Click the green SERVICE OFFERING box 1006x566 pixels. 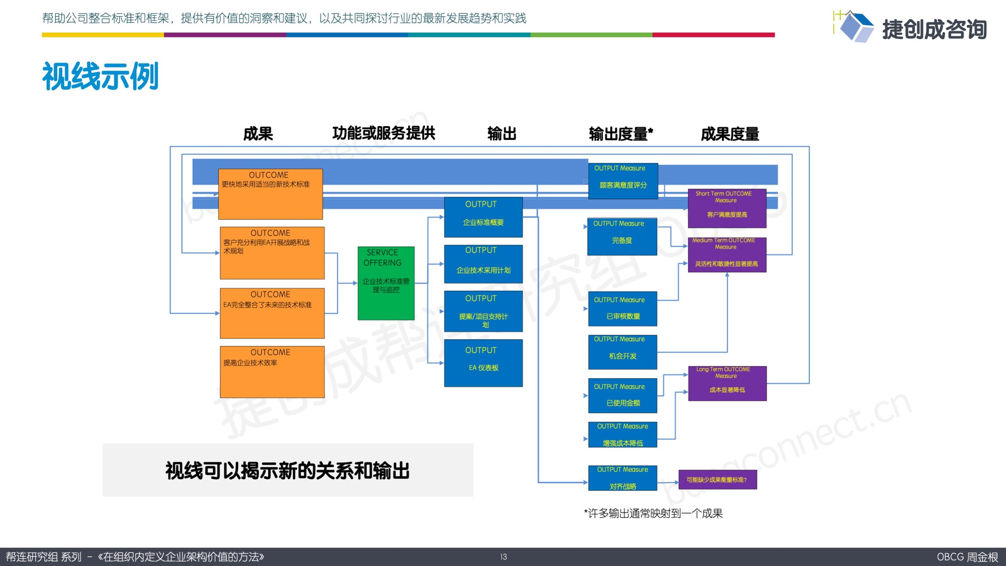point(386,283)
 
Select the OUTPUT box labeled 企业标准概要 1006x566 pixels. point(483,217)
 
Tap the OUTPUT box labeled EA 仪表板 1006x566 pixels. point(483,363)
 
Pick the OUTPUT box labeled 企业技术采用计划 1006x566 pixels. point(483,264)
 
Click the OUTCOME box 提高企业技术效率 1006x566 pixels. point(272,372)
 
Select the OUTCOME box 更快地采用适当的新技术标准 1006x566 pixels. point(270,194)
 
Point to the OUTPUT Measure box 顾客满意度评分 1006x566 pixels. point(623,181)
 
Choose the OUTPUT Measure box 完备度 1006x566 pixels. point(622,237)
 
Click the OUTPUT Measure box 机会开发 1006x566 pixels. point(622,352)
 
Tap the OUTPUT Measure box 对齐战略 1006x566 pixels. point(622,478)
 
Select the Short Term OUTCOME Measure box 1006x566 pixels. point(727,208)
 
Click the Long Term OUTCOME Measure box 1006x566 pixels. point(727,384)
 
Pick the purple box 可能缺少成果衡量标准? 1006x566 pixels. point(718,480)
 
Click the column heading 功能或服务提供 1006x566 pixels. point(384,133)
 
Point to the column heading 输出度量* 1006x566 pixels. point(621,134)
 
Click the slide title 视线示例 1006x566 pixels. point(100,76)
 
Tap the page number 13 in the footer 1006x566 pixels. point(503,557)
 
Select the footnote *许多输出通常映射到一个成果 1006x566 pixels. point(653,513)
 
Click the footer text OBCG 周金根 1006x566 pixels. point(967,557)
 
